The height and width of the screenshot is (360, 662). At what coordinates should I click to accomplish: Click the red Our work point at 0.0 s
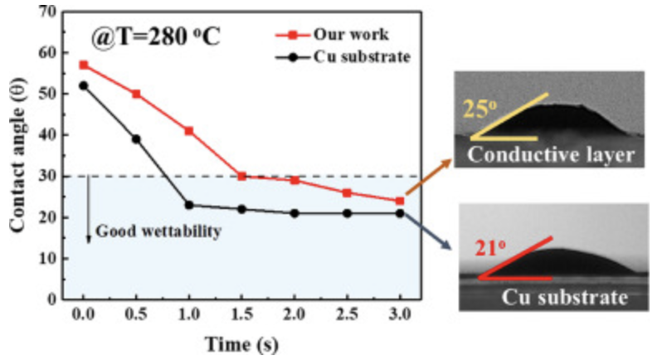coord(83,65)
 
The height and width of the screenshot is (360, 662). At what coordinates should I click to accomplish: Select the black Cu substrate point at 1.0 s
coord(189,205)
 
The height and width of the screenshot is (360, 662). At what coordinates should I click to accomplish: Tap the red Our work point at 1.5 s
coord(242,176)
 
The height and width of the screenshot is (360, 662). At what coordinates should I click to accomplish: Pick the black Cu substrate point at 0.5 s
coord(136,139)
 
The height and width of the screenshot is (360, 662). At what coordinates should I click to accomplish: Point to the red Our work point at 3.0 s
coord(400,201)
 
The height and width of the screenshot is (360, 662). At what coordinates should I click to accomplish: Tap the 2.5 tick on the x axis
coord(348,319)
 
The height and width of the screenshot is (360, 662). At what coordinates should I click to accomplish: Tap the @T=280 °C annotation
coord(156,38)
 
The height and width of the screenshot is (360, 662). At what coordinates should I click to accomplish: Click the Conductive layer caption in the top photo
coord(550,154)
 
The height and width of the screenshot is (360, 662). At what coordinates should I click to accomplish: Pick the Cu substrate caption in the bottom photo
coord(564,295)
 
